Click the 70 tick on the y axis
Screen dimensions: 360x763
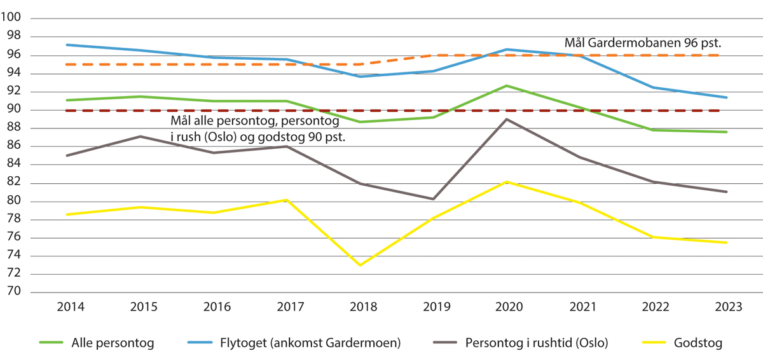[x=15, y=293]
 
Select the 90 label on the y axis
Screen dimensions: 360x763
[x=15, y=110]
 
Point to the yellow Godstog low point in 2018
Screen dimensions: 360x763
[x=360, y=265]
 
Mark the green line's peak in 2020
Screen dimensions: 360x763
[x=506, y=85]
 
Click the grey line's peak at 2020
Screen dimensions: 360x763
[x=506, y=119]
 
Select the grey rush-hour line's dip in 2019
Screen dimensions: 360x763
[x=433, y=199]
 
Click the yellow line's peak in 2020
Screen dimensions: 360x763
[x=506, y=181]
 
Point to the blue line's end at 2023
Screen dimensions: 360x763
[x=726, y=97]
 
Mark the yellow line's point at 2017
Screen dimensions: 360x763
[x=287, y=200]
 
